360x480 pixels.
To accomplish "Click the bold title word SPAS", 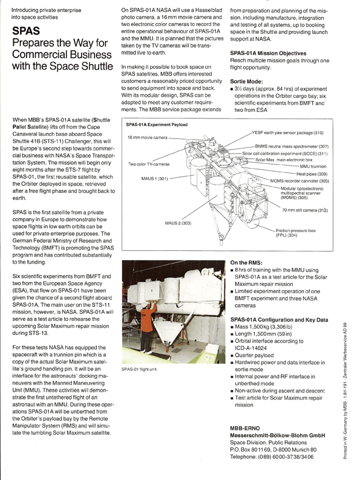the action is coord(26,31).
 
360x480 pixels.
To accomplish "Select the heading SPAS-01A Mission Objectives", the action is coord(268,53).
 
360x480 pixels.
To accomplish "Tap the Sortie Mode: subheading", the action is coord(246,82).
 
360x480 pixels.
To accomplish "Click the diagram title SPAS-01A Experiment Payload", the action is coord(157,125).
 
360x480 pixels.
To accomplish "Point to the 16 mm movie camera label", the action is coord(148,137).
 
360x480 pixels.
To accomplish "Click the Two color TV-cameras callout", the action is coord(149,164).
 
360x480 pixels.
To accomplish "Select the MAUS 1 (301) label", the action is coord(154,178).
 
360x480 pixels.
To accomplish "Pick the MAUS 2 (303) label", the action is coord(178,223).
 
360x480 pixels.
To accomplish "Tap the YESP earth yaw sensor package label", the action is coord(287,133).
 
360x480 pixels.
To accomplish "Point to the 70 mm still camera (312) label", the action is coord(305,210).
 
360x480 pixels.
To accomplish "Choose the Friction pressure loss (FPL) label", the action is coord(296,233).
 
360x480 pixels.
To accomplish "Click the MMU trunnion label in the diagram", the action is coord(313,166).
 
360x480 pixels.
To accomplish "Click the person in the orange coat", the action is coord(147,326).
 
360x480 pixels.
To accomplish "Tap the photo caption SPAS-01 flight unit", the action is coord(139,369).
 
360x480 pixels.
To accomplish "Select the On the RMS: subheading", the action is coord(246,262).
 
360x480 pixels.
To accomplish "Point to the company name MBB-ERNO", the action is coord(245,428).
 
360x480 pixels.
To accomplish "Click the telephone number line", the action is coord(272,457).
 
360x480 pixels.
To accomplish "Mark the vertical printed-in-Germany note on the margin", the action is coord(345,391).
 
